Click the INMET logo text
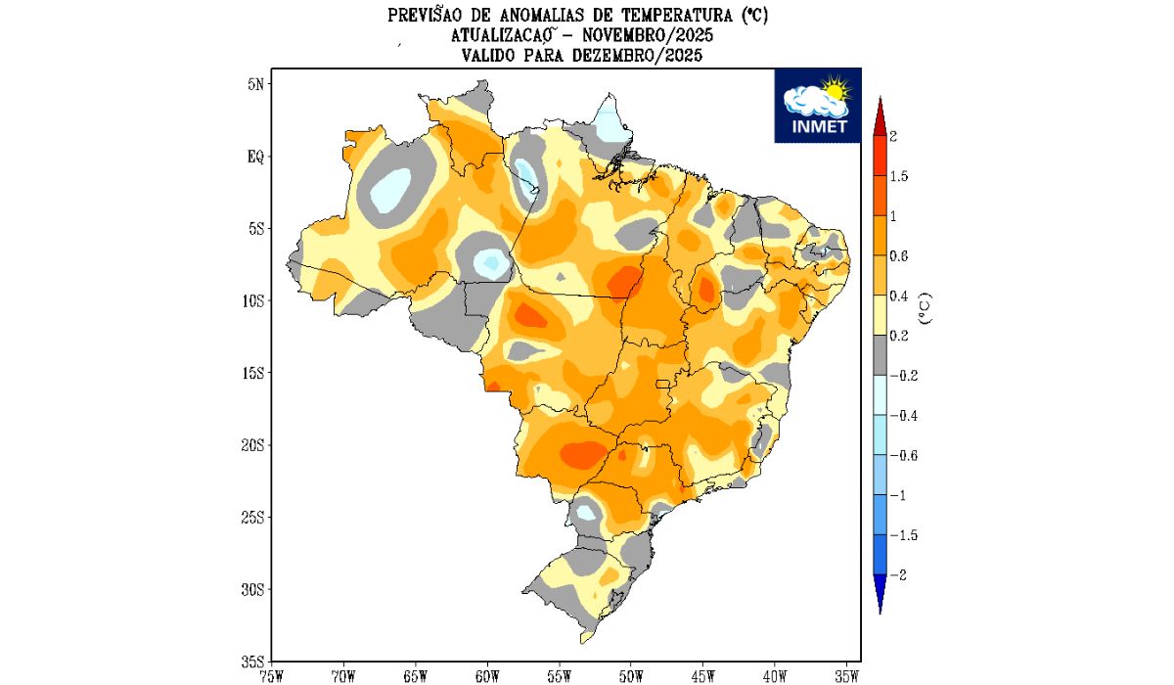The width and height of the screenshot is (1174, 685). [817, 127]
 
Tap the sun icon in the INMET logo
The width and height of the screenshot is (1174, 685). [834, 91]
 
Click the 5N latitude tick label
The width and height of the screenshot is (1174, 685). [255, 84]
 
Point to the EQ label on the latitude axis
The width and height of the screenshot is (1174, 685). [255, 157]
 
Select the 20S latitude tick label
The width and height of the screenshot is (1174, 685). [253, 445]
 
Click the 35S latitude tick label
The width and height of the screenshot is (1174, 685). [253, 662]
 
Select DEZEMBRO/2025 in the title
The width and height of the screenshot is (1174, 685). [638, 56]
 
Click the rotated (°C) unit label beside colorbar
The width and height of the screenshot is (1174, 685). [925, 307]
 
